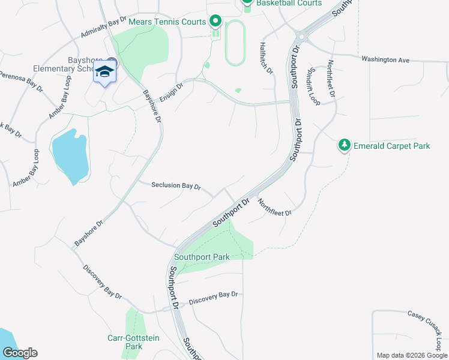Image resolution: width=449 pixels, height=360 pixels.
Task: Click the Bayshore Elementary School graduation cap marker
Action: click(x=105, y=72)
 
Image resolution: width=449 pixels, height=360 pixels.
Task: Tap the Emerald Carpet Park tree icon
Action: click(x=344, y=145)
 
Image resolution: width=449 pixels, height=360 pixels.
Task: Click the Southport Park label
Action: click(x=202, y=257)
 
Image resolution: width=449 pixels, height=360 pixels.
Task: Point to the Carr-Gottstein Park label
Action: click(x=133, y=342)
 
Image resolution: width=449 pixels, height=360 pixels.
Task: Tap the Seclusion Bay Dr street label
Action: click(x=175, y=185)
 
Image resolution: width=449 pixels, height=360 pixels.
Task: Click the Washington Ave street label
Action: click(x=385, y=60)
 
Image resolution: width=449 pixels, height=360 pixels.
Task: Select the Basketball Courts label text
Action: click(x=289, y=3)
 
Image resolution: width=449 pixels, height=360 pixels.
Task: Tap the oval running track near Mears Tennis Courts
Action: click(x=234, y=43)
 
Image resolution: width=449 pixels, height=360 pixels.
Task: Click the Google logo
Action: click(x=19, y=353)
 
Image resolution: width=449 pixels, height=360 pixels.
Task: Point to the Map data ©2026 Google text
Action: click(x=412, y=355)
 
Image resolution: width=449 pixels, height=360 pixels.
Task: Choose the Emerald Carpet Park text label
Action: click(x=392, y=146)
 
